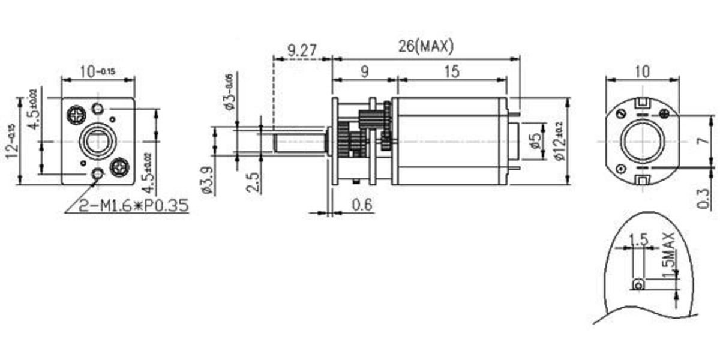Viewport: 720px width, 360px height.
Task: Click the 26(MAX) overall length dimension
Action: pos(425,46)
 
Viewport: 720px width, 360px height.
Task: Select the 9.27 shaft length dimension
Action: pos(302,50)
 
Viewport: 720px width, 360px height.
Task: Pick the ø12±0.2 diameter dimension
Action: pos(559,140)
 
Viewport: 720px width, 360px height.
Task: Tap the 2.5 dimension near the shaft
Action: pos(253,181)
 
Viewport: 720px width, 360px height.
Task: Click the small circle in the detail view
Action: pos(639,284)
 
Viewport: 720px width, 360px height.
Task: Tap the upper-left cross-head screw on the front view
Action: pos(77,112)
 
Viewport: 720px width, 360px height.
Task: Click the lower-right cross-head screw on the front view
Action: pos(121,164)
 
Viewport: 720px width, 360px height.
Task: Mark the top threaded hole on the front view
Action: pos(98,108)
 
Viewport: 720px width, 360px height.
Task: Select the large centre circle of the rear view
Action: pos(642,142)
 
